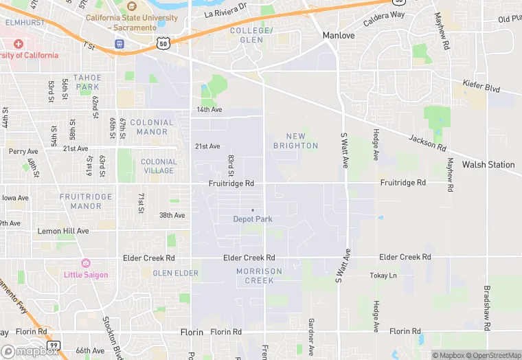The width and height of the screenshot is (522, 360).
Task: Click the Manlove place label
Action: click(x=339, y=35)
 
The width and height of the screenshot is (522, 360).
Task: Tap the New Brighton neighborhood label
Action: click(x=295, y=141)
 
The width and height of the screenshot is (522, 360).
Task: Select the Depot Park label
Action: click(x=253, y=219)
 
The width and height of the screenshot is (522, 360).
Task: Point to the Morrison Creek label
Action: click(x=259, y=275)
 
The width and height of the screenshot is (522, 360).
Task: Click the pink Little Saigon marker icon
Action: click(x=86, y=263)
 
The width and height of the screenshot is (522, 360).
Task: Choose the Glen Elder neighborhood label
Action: click(x=175, y=273)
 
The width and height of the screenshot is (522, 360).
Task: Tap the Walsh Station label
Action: click(x=488, y=165)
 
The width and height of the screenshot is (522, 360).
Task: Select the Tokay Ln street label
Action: click(x=383, y=275)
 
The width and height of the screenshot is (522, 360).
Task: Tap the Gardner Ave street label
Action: click(x=311, y=331)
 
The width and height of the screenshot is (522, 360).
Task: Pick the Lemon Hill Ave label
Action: click(x=63, y=232)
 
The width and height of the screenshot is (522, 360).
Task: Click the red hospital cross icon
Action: click(x=18, y=43)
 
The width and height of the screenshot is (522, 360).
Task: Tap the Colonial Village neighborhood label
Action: click(x=159, y=166)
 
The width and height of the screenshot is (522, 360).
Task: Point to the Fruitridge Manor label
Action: click(x=86, y=201)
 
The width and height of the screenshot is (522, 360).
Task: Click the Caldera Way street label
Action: click(x=384, y=19)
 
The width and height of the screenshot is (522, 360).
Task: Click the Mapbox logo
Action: click(x=30, y=351)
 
